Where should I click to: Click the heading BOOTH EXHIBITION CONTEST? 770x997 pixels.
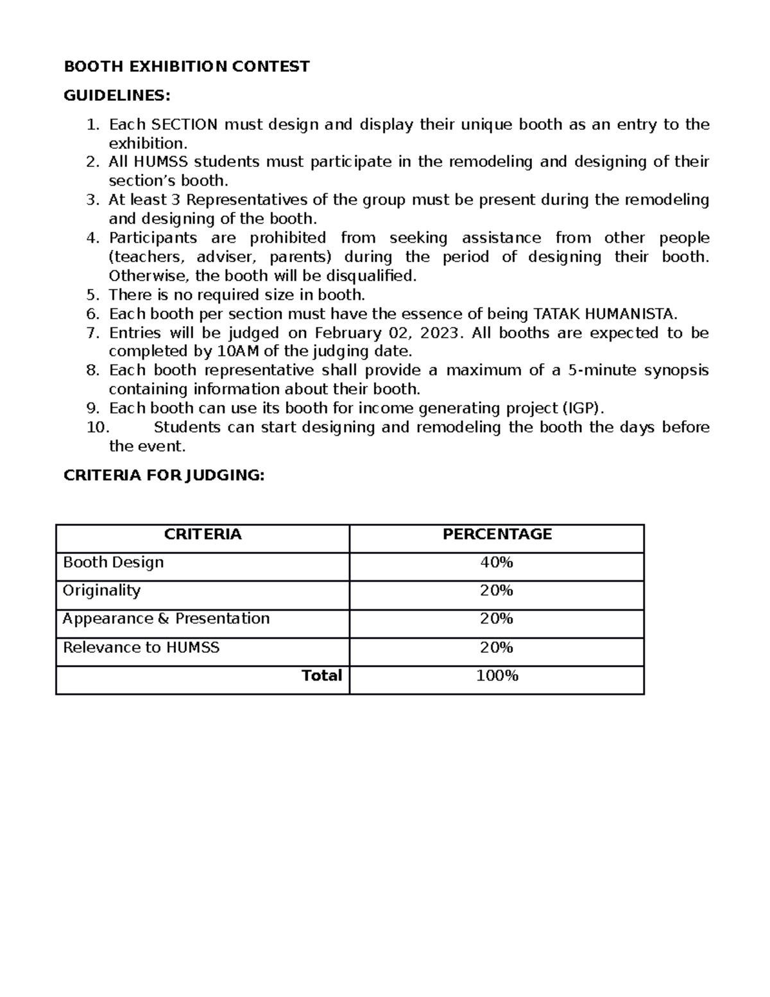point(186,66)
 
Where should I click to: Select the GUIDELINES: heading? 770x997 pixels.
point(117,96)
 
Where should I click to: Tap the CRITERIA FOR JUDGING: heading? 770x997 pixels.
point(163,475)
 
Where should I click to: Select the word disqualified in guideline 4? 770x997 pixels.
point(372,276)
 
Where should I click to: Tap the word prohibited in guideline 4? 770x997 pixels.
point(287,238)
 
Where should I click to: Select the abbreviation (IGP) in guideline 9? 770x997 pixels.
point(583,408)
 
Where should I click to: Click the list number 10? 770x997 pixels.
point(98,428)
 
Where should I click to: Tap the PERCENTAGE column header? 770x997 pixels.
point(497,535)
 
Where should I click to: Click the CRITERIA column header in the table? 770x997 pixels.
point(203,535)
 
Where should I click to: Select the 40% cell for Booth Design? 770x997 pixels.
point(497,563)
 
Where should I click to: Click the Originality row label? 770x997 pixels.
point(101,591)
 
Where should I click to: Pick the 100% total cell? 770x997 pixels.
point(497,675)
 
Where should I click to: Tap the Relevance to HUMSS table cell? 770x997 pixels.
point(141,647)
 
